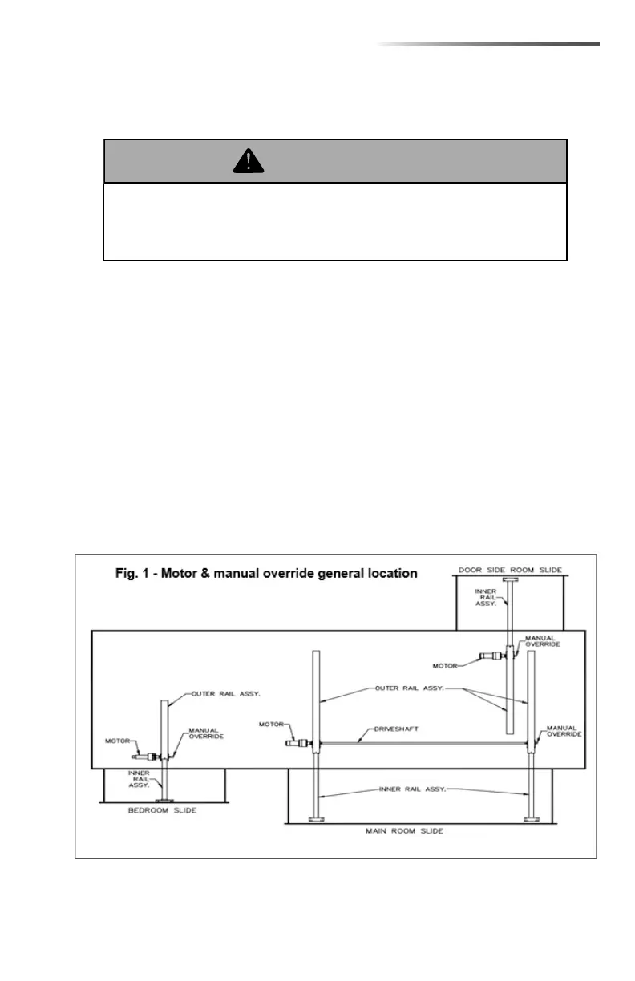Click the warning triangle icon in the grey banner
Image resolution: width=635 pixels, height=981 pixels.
[249, 162]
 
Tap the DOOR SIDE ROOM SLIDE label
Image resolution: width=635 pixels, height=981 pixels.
[510, 570]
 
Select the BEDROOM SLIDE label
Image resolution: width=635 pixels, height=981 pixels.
[163, 810]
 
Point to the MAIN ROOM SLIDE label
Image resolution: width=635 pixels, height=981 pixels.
[404, 831]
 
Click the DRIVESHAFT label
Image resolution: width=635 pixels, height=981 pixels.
[396, 730]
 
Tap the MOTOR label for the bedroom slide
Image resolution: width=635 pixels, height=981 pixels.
[119, 741]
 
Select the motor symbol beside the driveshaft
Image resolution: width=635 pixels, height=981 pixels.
[298, 743]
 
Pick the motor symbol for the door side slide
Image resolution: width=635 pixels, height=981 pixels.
[487, 656]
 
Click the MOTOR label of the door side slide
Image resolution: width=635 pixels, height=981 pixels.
[445, 665]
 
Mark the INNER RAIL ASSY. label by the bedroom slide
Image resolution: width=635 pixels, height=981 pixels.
[141, 780]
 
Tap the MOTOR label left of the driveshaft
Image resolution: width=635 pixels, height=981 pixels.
[272, 724]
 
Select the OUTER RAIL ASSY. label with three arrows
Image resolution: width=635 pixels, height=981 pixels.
[409, 688]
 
